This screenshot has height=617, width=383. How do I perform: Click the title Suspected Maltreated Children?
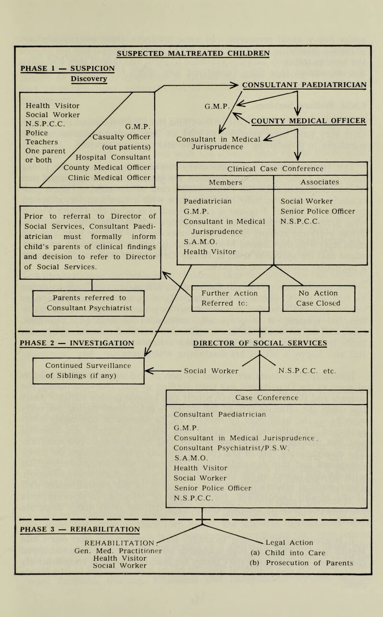point(193,52)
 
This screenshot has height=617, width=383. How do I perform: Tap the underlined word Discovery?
point(89,78)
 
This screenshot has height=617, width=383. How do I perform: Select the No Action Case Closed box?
point(318,298)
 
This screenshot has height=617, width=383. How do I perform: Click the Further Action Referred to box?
point(230,298)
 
